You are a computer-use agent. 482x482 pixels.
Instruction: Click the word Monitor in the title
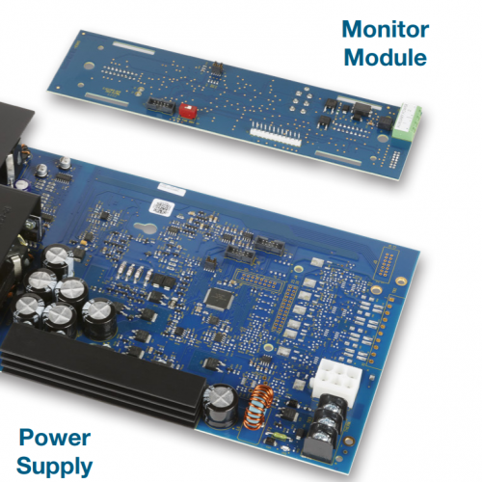[x=386, y=29]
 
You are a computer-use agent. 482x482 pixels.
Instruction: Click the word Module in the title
[x=386, y=57]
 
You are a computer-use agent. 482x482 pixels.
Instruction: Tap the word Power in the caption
[x=55, y=438]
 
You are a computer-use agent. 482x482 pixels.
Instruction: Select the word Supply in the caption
[x=55, y=467]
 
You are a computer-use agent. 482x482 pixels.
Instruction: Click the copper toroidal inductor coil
[x=257, y=408]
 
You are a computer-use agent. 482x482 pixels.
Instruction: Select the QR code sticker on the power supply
[x=162, y=206]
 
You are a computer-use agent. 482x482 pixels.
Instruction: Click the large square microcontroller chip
[x=220, y=299]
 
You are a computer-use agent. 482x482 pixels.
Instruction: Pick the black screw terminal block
[x=326, y=427]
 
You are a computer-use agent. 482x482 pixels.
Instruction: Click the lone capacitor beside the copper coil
[x=221, y=407]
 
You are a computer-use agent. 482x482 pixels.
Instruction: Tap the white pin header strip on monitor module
[x=276, y=137]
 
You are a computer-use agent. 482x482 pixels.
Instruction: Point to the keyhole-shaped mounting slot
[x=146, y=228]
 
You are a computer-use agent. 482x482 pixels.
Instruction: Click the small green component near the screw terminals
[x=279, y=436]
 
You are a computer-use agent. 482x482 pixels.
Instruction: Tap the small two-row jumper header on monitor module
[x=218, y=68]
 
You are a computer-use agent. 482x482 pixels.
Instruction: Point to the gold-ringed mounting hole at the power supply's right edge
[x=400, y=281]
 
